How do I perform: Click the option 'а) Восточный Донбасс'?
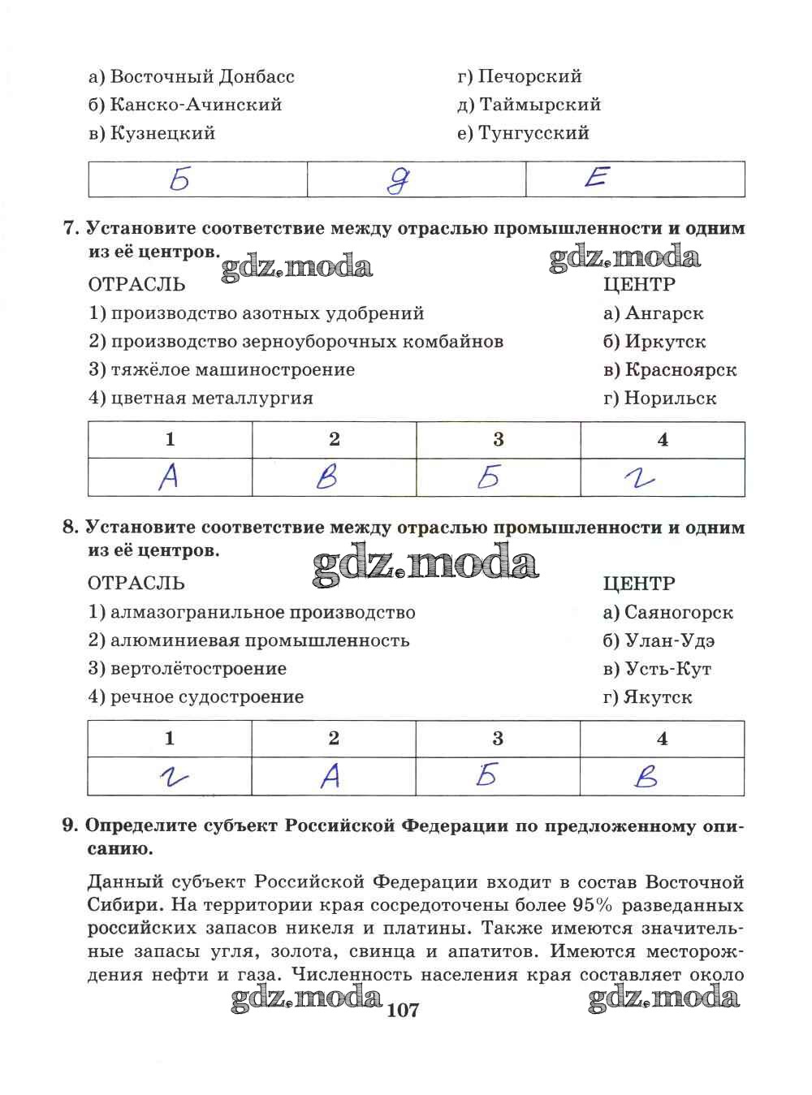192,76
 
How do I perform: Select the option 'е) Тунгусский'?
523,132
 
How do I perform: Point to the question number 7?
70,228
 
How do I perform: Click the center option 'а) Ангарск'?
653,313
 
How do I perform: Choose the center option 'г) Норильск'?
659,398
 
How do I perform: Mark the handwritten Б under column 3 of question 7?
489,478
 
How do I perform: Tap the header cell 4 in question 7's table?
663,440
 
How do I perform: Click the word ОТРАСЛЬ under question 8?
136,584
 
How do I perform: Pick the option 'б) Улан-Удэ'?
659,640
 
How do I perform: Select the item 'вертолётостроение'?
198,669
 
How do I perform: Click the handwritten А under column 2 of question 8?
330,778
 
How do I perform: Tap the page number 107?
403,1010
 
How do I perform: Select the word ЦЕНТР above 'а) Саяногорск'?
639,584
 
